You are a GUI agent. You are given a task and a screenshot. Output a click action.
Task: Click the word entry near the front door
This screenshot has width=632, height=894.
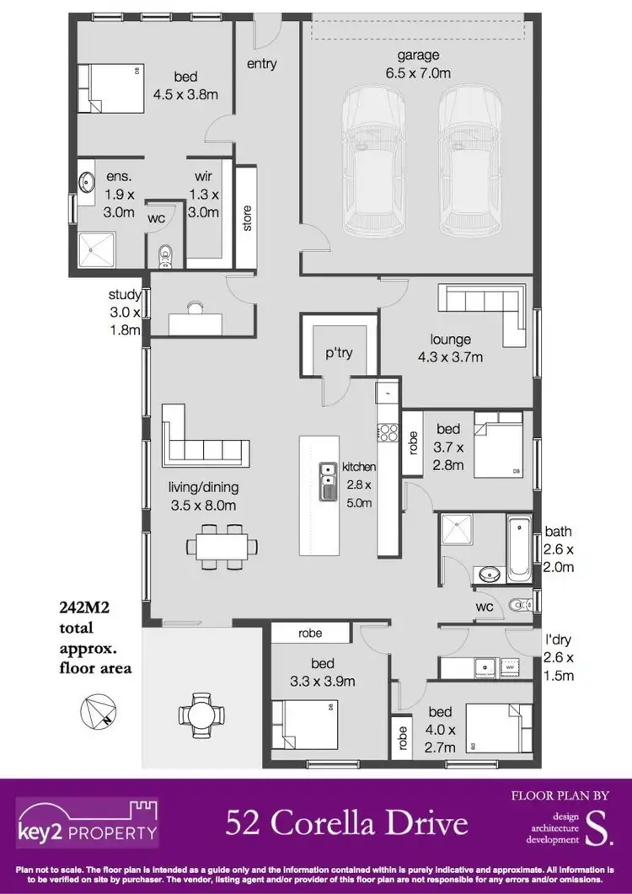point(262,63)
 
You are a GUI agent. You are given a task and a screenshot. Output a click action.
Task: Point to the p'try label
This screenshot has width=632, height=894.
point(340,353)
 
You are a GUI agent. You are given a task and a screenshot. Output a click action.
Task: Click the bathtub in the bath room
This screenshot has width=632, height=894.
point(518,549)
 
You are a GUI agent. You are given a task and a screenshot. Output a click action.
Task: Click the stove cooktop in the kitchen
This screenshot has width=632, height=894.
point(388,433)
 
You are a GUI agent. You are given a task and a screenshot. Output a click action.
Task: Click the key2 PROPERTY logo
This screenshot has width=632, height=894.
point(88,823)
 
